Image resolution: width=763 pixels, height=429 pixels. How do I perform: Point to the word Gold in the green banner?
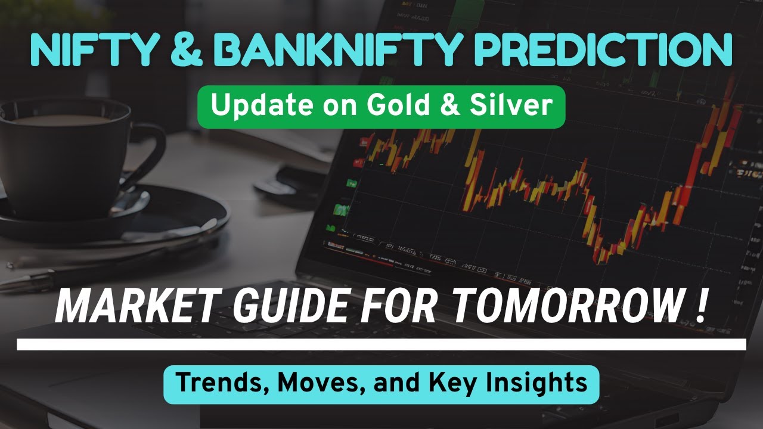pos(398,105)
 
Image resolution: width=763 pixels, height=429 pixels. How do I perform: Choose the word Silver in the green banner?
pos(511,105)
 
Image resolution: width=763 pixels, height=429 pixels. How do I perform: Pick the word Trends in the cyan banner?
pos(222,383)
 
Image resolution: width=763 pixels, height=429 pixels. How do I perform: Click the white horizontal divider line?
pos(381,344)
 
